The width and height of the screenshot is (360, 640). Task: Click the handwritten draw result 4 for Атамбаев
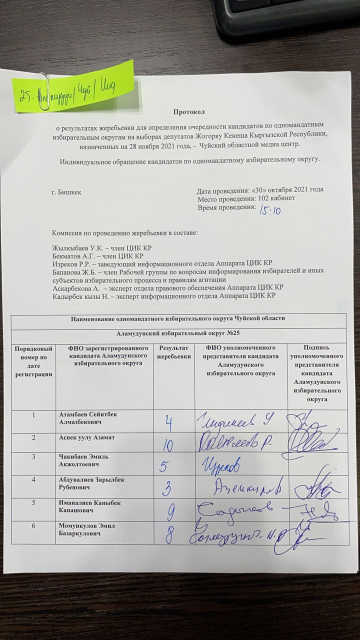pyautogui.click(x=169, y=424)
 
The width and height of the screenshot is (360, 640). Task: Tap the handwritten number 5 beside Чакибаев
pyautogui.click(x=163, y=467)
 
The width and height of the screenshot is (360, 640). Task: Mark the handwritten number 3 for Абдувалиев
pyautogui.click(x=169, y=487)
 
